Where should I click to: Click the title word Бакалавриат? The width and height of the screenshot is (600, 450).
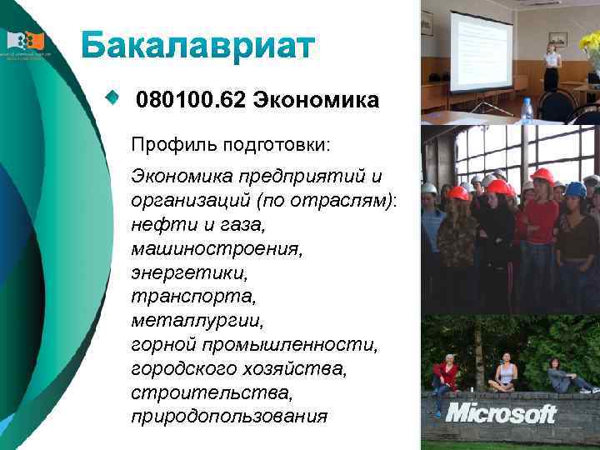[197, 46]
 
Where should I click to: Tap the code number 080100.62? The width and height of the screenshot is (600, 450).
[191, 101]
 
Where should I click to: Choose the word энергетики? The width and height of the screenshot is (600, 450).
[177, 272]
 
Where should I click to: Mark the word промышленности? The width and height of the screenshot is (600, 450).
[287, 344]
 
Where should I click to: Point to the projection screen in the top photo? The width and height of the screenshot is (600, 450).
[480, 52]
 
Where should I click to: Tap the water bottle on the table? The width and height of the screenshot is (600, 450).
[526, 111]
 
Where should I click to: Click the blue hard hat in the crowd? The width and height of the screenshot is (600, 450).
[576, 189]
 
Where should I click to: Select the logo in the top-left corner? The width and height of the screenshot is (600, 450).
[24, 42]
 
